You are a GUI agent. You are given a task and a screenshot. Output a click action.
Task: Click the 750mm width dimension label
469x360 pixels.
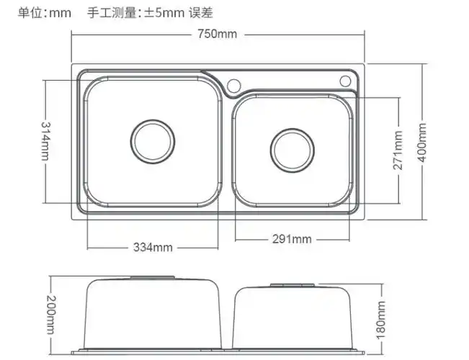219,35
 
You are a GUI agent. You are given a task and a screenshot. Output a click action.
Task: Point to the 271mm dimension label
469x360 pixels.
397,149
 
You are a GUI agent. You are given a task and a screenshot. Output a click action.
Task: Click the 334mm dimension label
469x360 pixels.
153,248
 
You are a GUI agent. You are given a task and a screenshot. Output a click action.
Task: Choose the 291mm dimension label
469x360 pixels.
291,239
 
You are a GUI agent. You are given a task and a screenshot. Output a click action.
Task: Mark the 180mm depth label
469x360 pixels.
382,320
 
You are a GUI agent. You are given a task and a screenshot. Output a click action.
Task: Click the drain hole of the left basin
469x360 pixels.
152,139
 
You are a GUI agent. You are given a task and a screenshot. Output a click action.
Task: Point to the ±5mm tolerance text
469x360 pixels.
162,12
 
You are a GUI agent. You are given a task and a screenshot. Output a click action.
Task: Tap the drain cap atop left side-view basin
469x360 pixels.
152,276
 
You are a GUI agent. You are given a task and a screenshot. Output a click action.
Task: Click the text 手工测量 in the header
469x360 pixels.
112,12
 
